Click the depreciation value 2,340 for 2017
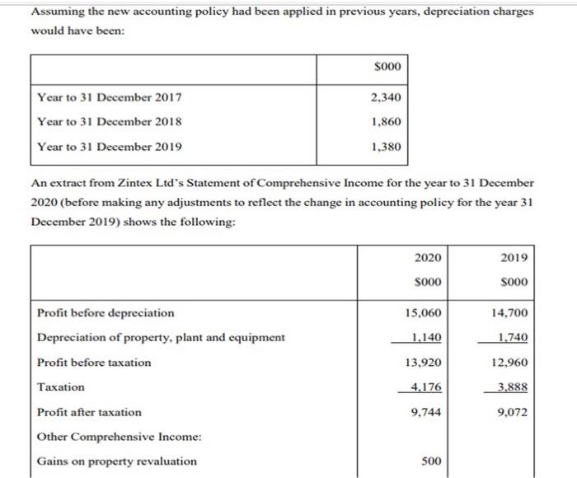[x=386, y=98]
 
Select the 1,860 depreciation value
[x=386, y=122]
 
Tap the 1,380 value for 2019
[x=386, y=148]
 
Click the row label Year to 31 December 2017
[x=110, y=98]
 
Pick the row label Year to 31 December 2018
[x=110, y=122]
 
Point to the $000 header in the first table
[x=387, y=66]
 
